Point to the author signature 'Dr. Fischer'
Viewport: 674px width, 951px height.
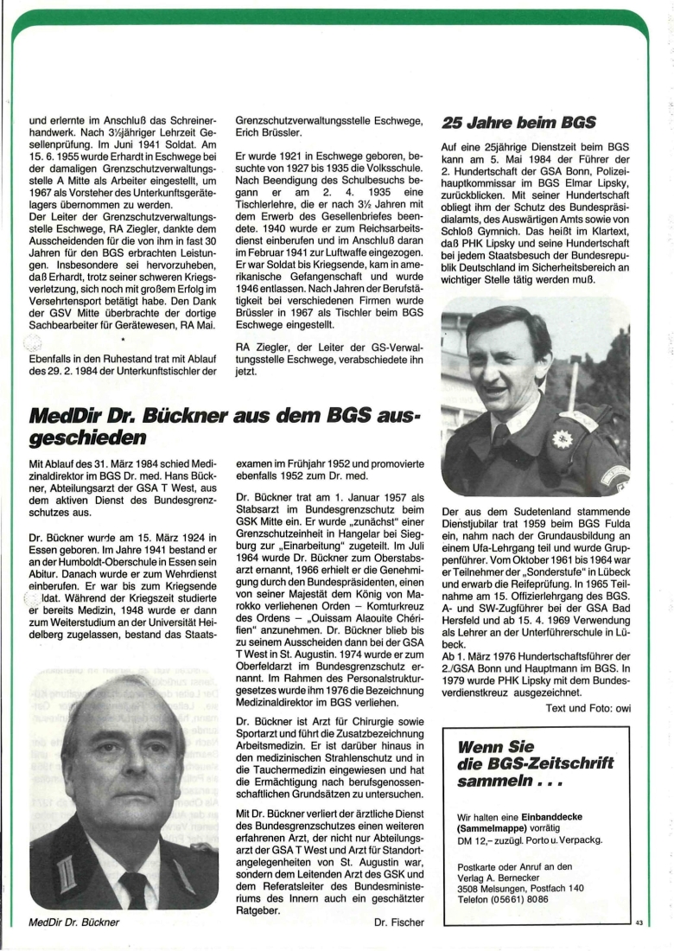coord(400,922)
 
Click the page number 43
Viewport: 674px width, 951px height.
coord(639,924)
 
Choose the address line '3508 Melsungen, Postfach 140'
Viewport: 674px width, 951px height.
coord(520,887)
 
